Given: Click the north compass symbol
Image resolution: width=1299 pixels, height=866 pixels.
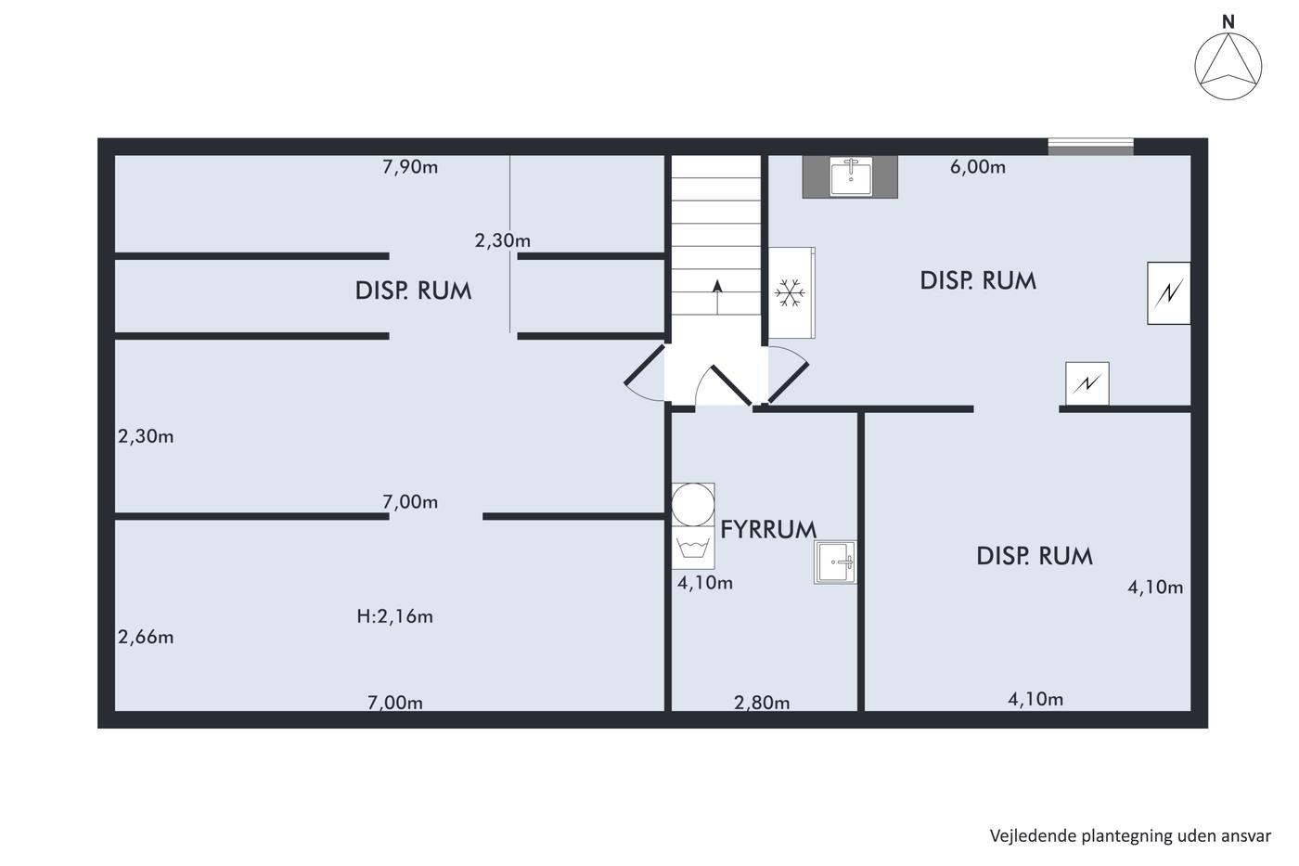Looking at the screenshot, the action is [1228, 66].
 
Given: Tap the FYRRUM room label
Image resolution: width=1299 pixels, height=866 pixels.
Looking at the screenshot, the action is [768, 530].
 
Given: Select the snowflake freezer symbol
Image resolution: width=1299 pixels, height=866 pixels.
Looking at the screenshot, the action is [790, 293].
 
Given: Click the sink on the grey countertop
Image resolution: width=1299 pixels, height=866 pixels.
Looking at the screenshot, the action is [851, 176].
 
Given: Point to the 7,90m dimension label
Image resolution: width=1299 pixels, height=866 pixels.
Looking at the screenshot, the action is [410, 167].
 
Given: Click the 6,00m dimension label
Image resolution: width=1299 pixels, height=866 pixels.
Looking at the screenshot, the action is [978, 167].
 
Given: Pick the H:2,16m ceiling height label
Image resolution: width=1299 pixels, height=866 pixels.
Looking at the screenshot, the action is [395, 616].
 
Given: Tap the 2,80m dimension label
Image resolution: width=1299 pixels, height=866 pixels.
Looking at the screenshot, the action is [762, 703].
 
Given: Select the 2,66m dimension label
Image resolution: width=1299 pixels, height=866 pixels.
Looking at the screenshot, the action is [146, 638].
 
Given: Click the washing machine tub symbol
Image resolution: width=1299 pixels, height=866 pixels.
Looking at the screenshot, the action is [693, 548].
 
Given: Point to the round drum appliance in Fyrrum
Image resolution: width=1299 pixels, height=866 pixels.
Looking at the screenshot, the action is [693, 505].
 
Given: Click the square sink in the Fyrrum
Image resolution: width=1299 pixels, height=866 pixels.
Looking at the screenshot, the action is [835, 562].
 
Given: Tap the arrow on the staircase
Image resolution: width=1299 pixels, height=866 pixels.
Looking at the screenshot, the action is [717, 298].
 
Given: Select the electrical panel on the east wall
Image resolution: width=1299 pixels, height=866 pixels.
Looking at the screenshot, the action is [1168, 293].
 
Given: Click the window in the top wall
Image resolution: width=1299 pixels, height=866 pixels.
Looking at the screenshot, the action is [1090, 147].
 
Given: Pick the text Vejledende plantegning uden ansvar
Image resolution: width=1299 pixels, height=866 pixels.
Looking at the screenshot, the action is [1130, 836].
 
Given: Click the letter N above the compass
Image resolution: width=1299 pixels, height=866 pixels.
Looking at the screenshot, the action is [1228, 22].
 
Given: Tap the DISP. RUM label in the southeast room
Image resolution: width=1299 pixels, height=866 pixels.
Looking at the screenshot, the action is [1035, 556].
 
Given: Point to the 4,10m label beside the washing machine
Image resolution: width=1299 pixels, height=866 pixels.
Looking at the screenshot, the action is [705, 583].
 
